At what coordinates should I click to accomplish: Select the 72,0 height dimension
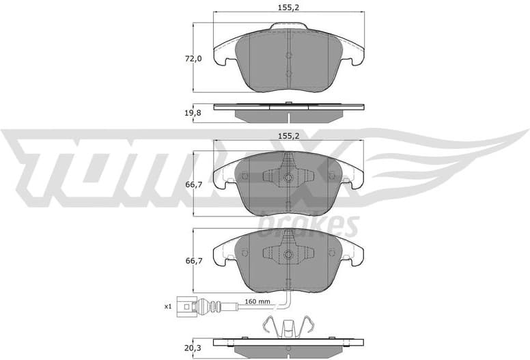(195, 59)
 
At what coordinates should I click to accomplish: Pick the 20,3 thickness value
(195, 348)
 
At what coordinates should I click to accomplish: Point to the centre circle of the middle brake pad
(288, 178)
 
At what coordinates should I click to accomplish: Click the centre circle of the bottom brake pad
(288, 255)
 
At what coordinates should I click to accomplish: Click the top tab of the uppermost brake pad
(288, 27)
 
